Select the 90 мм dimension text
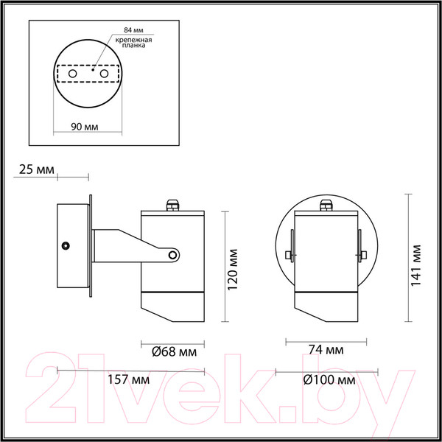pos(87,126)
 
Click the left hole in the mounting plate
pos(72,75)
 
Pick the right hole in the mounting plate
pos(104,75)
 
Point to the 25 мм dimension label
pos(36,170)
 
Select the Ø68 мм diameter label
pos(173,352)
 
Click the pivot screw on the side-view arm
pos(173,256)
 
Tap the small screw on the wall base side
pos(66,245)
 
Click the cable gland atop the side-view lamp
pos(173,202)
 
